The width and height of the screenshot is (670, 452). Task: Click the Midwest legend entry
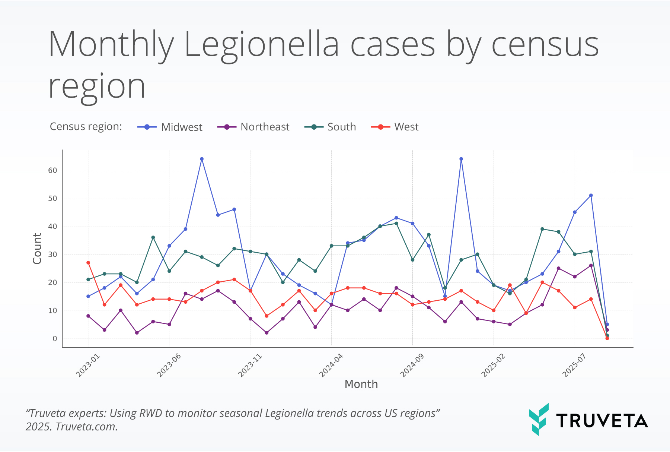coord(170,127)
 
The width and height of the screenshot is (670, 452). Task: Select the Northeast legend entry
coord(253,127)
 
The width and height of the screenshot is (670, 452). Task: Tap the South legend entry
coord(330,127)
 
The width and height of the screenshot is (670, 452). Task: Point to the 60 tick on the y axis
coord(52,170)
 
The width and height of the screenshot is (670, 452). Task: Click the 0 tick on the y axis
coord(55,338)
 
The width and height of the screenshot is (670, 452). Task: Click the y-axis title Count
coord(37,249)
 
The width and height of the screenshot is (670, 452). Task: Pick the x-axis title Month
coord(361,384)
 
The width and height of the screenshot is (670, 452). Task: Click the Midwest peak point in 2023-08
coord(202,159)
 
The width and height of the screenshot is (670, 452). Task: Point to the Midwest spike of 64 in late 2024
coord(461,159)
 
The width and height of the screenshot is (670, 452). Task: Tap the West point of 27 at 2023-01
coord(88,263)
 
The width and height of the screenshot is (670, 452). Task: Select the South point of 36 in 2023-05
coord(153,237)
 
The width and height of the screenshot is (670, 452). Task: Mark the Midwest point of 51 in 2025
coord(591,196)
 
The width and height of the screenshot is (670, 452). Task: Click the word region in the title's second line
coord(97,86)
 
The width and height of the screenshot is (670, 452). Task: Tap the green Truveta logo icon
coord(539,419)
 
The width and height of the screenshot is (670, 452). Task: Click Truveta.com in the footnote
coord(87,427)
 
